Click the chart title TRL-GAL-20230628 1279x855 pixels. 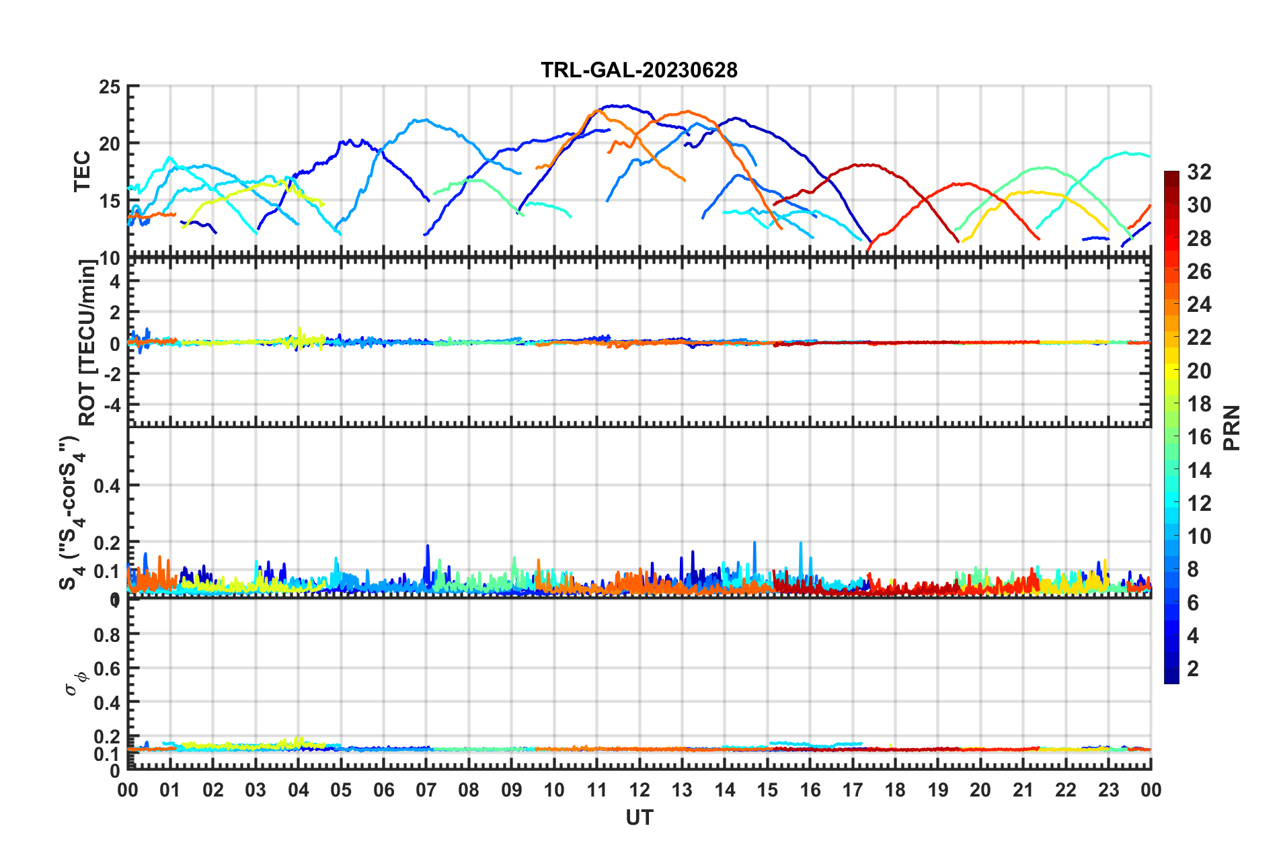point(639,70)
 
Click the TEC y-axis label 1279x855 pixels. point(82,171)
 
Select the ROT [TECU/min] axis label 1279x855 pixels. point(87,343)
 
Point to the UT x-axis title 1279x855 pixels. point(639,817)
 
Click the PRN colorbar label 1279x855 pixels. point(1232,428)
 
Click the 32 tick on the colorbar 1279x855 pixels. point(1198,172)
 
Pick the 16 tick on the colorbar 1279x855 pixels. point(1198,437)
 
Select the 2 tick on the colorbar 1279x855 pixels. point(1193,668)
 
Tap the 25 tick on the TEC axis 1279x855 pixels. point(109,87)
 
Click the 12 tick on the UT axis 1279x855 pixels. point(639,790)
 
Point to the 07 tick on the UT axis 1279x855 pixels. point(426,790)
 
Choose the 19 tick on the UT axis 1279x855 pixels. point(937,790)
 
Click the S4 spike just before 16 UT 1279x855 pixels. point(800,543)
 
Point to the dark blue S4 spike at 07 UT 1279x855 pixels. point(427,546)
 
